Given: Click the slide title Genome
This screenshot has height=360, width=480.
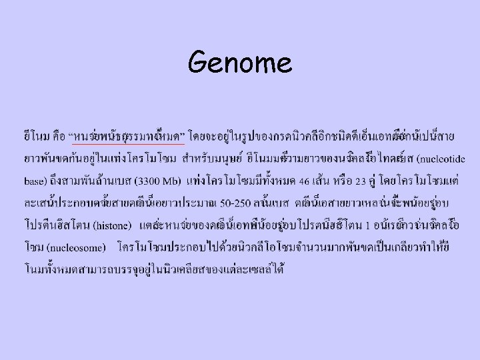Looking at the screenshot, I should (240, 63).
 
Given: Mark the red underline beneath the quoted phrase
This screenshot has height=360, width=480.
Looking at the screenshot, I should (128, 143).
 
